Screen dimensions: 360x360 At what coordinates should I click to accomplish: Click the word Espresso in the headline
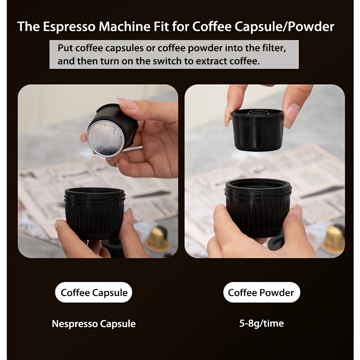(69, 27)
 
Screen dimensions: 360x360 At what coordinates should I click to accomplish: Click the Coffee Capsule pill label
(94, 292)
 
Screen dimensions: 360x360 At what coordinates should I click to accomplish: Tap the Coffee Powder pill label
(261, 292)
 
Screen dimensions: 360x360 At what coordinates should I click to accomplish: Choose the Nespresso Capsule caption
(94, 324)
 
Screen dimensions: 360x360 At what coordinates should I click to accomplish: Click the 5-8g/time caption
(261, 323)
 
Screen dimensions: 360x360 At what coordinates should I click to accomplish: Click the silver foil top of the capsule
(106, 139)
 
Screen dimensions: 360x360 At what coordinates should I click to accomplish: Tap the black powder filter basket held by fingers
(257, 130)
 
